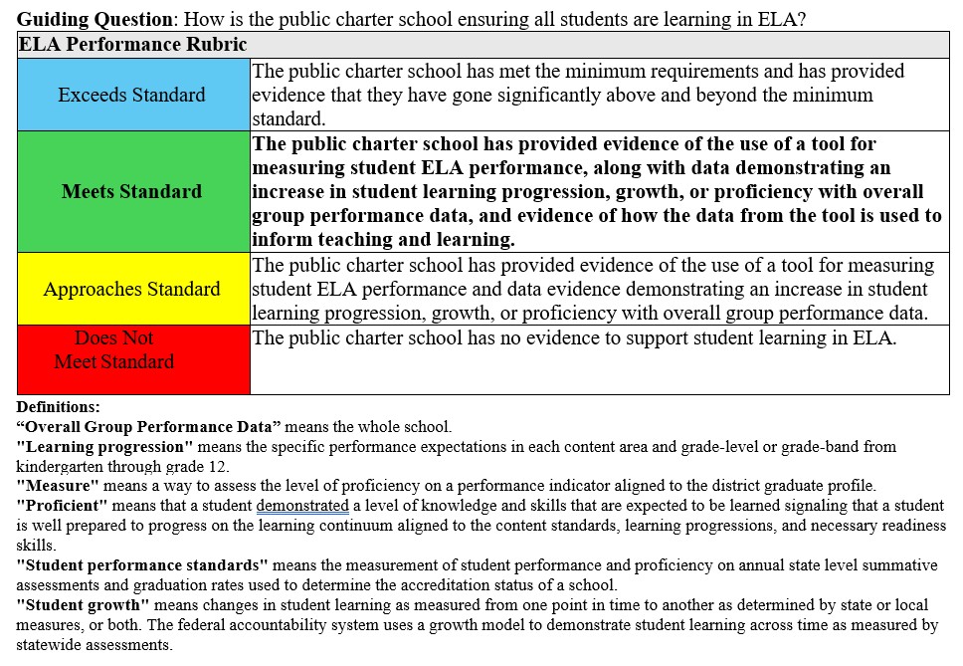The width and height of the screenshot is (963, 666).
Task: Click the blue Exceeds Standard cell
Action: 132,95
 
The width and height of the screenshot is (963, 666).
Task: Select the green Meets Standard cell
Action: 132,191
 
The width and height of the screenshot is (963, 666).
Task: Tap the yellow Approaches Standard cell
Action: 132,289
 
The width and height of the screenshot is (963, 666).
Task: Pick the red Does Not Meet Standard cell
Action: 132,359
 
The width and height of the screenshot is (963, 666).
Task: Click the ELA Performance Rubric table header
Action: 132,45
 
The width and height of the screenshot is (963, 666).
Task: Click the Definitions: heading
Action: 59,407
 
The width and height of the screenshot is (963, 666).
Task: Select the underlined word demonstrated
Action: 302,506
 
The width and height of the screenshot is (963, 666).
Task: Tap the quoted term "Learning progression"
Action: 105,446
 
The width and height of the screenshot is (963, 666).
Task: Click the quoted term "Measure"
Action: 58,486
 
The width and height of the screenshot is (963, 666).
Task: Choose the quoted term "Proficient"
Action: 62,506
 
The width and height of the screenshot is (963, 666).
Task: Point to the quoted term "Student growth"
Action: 84,604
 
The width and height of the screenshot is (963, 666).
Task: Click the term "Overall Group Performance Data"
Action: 149,427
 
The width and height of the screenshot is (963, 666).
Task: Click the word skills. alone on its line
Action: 36,546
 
